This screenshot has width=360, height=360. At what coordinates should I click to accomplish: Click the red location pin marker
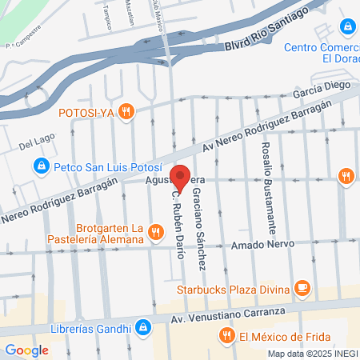click(183, 178)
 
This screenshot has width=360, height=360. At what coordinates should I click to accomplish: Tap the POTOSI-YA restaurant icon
click(125, 110)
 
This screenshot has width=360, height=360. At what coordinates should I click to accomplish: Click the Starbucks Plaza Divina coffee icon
click(302, 286)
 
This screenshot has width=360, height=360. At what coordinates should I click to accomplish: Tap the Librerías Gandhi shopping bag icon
click(142, 326)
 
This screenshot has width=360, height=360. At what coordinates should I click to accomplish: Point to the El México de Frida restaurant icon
click(227, 337)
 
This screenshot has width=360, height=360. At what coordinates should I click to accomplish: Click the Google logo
click(26, 350)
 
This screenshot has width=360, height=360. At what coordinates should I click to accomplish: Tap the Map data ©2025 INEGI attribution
click(311, 354)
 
